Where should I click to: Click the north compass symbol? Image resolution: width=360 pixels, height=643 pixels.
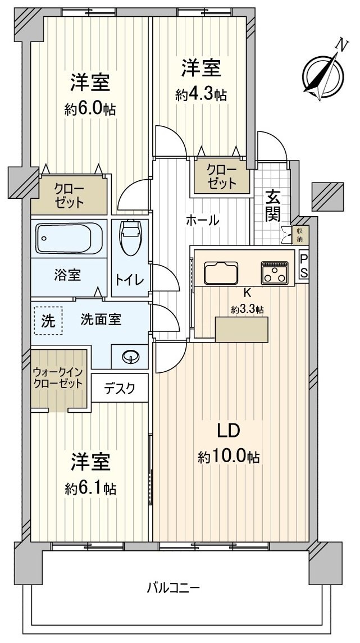(323, 74)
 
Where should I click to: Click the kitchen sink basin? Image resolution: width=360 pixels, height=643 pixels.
(222, 273)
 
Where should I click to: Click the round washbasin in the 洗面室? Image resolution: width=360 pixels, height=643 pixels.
(130, 356)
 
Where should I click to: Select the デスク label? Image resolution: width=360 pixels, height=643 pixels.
(120, 389)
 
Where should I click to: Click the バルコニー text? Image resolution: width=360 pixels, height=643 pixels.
(174, 589)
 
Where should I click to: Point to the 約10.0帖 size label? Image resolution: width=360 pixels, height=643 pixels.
(229, 457)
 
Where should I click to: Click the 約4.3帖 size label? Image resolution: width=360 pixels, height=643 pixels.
(200, 95)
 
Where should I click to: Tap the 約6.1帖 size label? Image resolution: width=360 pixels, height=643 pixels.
(90, 488)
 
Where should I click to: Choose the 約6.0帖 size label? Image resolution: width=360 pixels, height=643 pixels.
(90, 109)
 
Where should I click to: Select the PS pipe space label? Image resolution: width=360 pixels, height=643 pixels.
(303, 266)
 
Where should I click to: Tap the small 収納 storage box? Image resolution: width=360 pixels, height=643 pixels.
(300, 234)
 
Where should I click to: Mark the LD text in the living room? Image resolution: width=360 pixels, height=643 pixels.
(229, 430)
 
